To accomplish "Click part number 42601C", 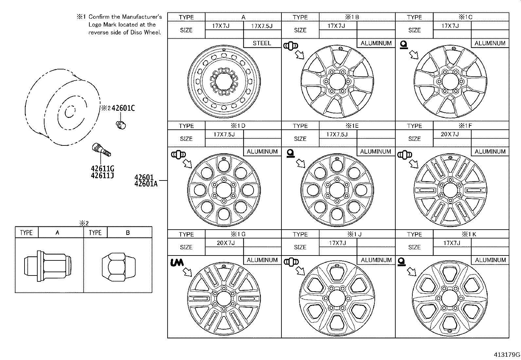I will click(123, 108).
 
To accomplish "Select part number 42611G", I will click(102, 169).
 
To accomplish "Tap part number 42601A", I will click(146, 184).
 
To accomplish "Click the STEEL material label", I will click(262, 43).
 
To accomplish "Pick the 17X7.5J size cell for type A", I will click(262, 26).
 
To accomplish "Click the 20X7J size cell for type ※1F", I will click(450, 134).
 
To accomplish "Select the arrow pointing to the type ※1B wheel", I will click(299, 55).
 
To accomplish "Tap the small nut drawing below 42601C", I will click(121, 124).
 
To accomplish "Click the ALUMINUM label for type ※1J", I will click(376, 260).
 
